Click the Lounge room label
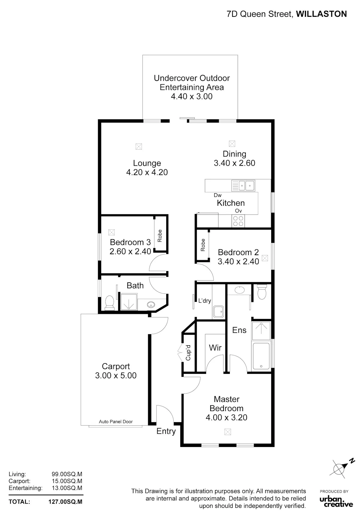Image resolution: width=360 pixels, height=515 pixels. [147, 163]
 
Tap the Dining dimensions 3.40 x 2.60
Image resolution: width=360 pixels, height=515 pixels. [234, 163]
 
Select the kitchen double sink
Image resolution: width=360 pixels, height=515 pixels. [243, 186]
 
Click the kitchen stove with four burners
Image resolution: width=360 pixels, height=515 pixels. [238, 221]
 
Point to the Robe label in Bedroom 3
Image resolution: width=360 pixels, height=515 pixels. [160, 236]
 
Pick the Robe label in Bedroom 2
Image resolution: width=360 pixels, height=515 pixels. [203, 245]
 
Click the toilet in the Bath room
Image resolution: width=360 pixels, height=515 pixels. [109, 303]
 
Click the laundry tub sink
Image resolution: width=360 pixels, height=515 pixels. [218, 312]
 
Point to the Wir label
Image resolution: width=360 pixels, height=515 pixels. [215, 347]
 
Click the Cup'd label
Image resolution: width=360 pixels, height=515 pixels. [188, 353]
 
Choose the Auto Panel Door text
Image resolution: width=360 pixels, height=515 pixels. [116, 421]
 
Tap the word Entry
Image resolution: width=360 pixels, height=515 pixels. [166, 431]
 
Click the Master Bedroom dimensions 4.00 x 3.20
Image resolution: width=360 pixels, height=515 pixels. [226, 418]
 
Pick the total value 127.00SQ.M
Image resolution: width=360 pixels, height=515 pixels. [65, 502]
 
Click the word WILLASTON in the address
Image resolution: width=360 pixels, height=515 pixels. [322, 14]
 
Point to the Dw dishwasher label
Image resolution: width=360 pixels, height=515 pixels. [217, 195]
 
